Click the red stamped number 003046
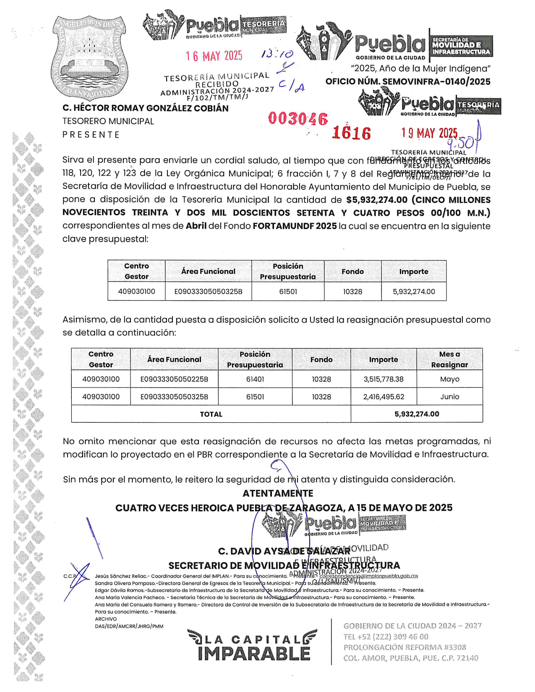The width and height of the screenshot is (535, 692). point(298,119)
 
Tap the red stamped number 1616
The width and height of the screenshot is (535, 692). point(352,133)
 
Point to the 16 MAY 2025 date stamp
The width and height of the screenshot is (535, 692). point(214,56)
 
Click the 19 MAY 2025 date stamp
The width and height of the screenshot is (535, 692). point(429,133)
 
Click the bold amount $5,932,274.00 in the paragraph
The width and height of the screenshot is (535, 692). point(377,200)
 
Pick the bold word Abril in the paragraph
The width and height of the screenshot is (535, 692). point(196,226)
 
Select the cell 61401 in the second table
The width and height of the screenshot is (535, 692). point(255,379)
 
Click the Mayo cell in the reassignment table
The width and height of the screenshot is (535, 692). point(449,379)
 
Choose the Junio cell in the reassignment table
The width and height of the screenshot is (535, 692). point(449,397)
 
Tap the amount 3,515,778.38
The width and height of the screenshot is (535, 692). point(383,379)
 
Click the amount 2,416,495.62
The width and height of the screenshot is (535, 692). point(383,397)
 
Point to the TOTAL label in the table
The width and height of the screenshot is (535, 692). point(211,414)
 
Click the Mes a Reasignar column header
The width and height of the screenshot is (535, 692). point(449,359)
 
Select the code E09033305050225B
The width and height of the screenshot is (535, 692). point(174,379)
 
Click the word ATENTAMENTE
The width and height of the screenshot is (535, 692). point(278,494)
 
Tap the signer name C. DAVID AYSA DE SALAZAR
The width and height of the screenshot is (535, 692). point(284,551)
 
